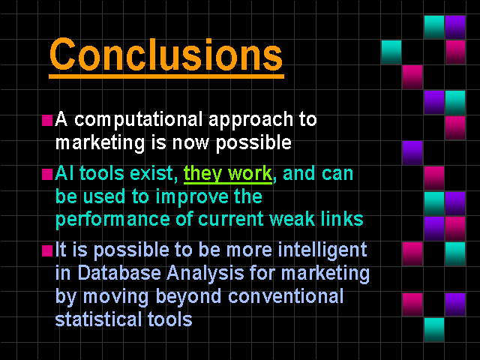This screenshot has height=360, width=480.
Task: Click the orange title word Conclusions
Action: (166, 55)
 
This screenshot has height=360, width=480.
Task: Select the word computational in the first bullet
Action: (138, 119)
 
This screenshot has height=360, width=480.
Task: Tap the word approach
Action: (250, 120)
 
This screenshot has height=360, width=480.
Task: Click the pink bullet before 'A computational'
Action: (47, 120)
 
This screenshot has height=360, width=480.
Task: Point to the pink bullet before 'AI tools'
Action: (47, 175)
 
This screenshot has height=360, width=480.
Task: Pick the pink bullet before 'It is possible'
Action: (47, 250)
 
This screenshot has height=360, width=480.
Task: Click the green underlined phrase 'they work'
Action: (228, 174)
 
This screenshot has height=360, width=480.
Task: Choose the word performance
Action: (112, 220)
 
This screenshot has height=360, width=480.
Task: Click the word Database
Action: (119, 273)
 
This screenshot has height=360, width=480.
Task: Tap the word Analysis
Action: (205, 274)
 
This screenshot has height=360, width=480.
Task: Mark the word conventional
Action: (286, 296)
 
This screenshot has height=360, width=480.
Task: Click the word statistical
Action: (98, 319)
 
